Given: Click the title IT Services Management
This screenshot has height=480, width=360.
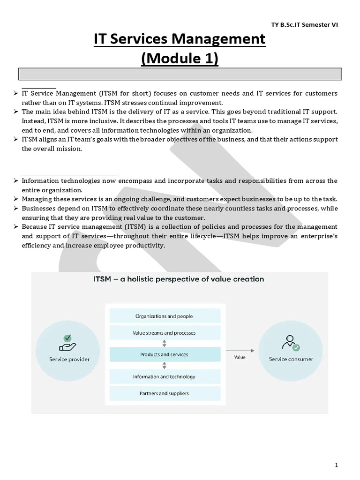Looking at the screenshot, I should (180, 39).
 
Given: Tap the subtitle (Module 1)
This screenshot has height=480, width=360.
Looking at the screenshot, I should (180, 60).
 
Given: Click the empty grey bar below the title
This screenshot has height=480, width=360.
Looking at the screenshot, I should (180, 74).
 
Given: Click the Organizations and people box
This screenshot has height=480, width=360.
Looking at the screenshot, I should (164, 316).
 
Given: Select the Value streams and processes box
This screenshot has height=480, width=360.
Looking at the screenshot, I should (164, 333).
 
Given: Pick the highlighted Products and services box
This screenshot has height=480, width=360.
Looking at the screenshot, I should (164, 354).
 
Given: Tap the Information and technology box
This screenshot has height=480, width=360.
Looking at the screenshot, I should (164, 376).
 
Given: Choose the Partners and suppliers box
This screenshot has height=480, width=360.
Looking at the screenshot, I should (164, 393).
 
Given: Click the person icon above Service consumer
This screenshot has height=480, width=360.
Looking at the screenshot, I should (291, 344).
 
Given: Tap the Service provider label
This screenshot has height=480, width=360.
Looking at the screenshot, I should (69, 360).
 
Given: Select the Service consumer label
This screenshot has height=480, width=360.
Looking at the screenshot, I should (291, 360).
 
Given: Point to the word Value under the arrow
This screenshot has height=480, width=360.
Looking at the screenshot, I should (240, 357).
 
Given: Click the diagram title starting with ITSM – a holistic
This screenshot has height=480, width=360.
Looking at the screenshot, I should (180, 279).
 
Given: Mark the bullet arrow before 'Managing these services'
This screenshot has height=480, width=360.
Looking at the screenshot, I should (15, 199).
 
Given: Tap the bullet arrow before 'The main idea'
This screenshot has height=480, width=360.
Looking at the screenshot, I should (15, 112).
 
